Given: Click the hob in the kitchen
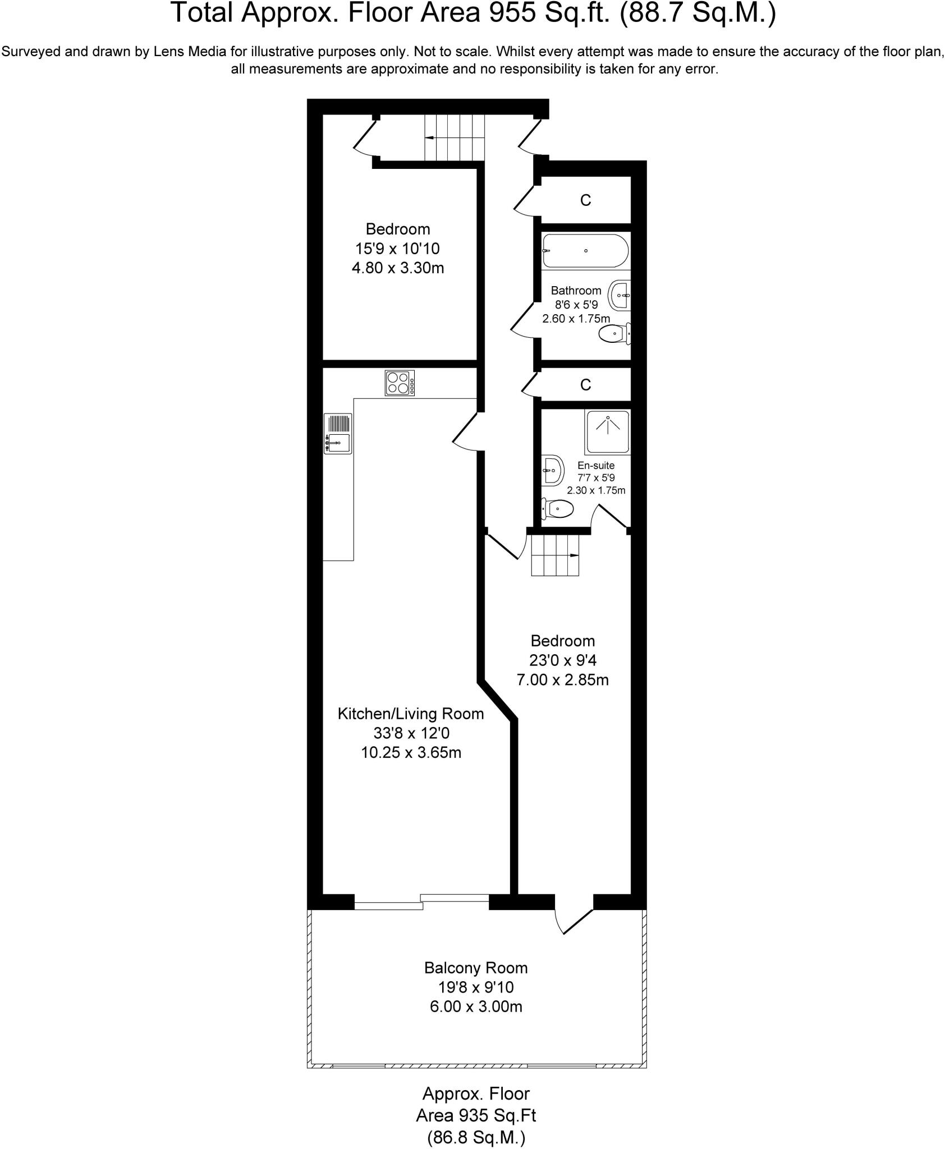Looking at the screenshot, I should [x=400, y=383].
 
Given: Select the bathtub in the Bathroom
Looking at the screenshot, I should [x=585, y=251].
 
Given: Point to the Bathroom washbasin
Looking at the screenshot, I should [x=621, y=295].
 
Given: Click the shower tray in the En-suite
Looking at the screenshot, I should [x=607, y=431].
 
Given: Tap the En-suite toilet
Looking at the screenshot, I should [x=557, y=509].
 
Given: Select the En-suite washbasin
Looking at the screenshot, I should [x=553, y=470].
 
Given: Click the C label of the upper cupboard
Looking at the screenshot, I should [x=585, y=200].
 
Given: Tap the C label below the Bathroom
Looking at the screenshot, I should [x=585, y=385].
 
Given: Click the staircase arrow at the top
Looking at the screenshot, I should [x=431, y=137].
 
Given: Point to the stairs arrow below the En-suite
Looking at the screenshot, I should [x=574, y=555].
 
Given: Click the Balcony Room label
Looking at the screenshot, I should [x=475, y=968].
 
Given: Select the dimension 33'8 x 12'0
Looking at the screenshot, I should [x=411, y=733].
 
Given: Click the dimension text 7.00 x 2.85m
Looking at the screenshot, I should [x=562, y=680].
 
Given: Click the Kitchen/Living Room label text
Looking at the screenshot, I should [x=410, y=714].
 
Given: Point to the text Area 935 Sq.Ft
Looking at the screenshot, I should [x=475, y=1115].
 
